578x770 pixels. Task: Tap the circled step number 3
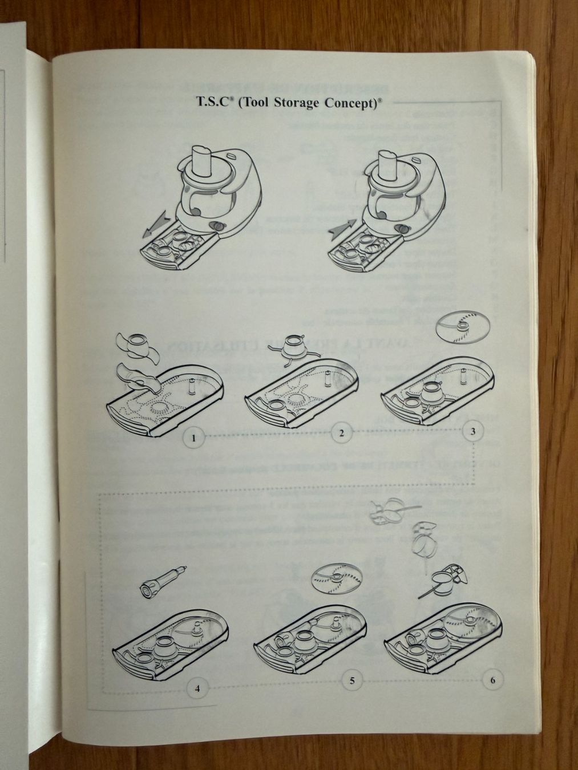tap(472, 431)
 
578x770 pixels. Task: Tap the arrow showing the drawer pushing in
tap(342, 226)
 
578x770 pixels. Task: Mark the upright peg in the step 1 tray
tap(192, 387)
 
